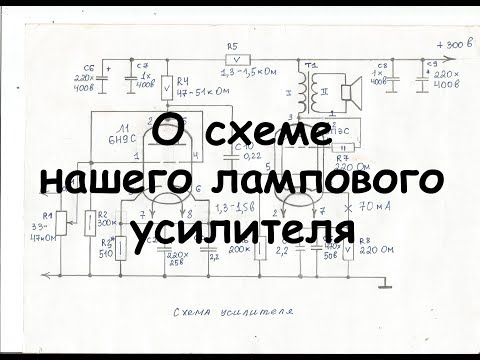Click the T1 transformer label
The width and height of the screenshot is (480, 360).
click(312, 64)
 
